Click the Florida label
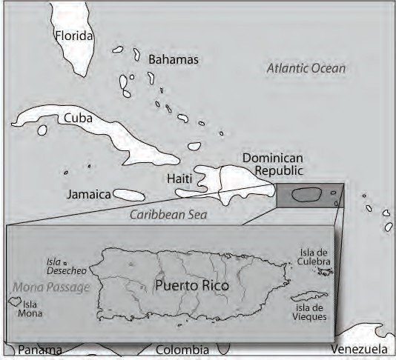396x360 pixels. point(74,36)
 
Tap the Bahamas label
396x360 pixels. point(174,59)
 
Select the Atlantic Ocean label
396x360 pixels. point(306,69)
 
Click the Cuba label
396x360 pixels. point(78,118)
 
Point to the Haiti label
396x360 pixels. point(180,179)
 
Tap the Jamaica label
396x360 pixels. point(88,195)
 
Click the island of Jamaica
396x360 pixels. point(129,196)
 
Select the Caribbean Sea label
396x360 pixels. point(168,215)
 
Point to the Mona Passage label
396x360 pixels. point(50,287)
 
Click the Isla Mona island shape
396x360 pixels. point(13,302)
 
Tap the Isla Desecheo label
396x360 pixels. point(53,266)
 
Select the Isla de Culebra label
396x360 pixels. point(317,257)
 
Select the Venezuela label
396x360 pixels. point(359,350)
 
